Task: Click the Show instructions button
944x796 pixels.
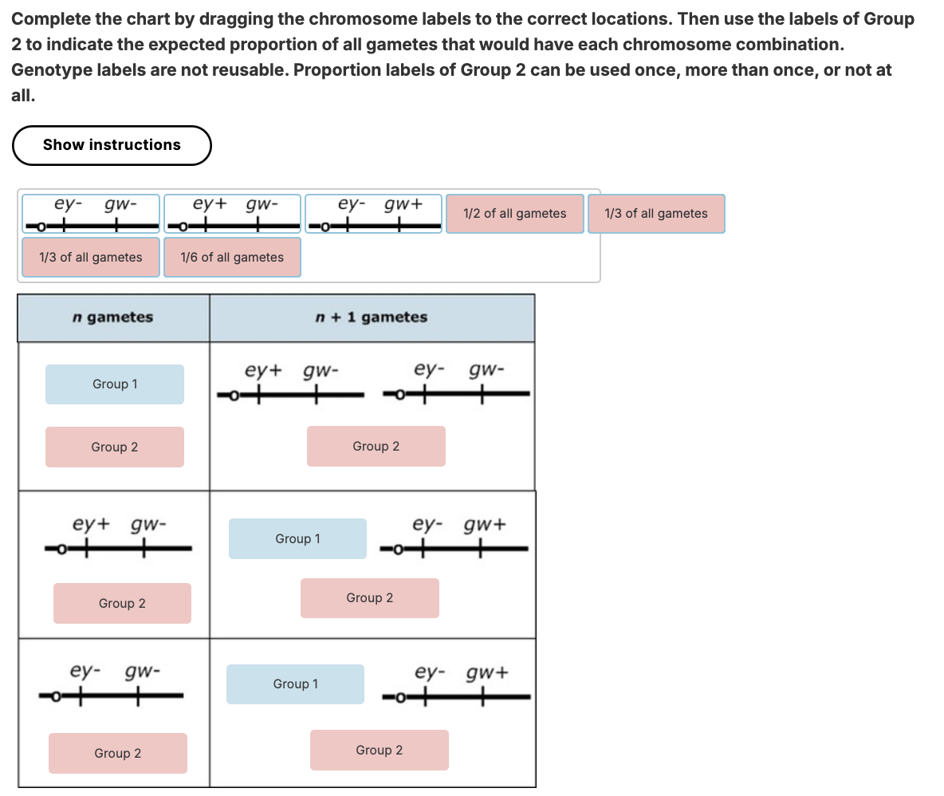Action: point(112,145)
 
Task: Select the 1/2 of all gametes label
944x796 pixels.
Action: point(514,214)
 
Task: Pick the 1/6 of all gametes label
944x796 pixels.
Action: point(232,258)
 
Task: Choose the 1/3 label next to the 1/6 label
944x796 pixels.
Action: point(91,258)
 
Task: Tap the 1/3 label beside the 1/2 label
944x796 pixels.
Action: point(655,214)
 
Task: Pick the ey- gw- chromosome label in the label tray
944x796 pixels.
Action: point(91,215)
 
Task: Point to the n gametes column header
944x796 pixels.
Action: point(112,317)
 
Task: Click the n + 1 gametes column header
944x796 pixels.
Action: point(371,317)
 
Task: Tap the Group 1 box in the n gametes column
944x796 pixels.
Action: point(115,384)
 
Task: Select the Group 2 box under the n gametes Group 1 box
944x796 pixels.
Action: point(115,447)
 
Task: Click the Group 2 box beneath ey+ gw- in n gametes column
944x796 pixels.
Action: point(122,604)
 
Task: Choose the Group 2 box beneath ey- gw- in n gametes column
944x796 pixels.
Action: point(118,754)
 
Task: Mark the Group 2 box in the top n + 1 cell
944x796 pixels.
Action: point(376,447)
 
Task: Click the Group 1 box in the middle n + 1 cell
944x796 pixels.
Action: point(297,539)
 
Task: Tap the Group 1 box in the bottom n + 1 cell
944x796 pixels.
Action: point(295,684)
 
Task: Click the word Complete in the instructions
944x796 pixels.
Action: point(44,19)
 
